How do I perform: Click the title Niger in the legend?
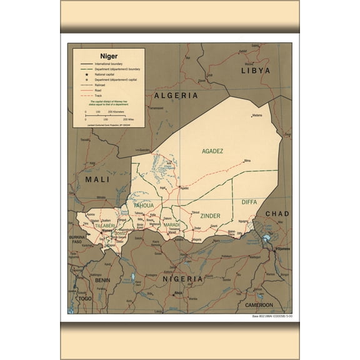coord(91,56)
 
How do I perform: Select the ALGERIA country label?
coord(176,96)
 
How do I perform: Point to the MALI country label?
coord(97,179)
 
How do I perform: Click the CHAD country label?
coord(277,214)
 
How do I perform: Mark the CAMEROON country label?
coord(258,304)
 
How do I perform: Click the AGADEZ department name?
coord(212,151)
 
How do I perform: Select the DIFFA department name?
coord(249,202)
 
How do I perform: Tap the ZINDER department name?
coord(210,216)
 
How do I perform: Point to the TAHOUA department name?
coord(143,205)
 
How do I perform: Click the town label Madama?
coord(257,116)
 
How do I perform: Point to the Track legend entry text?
coord(98,95)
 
